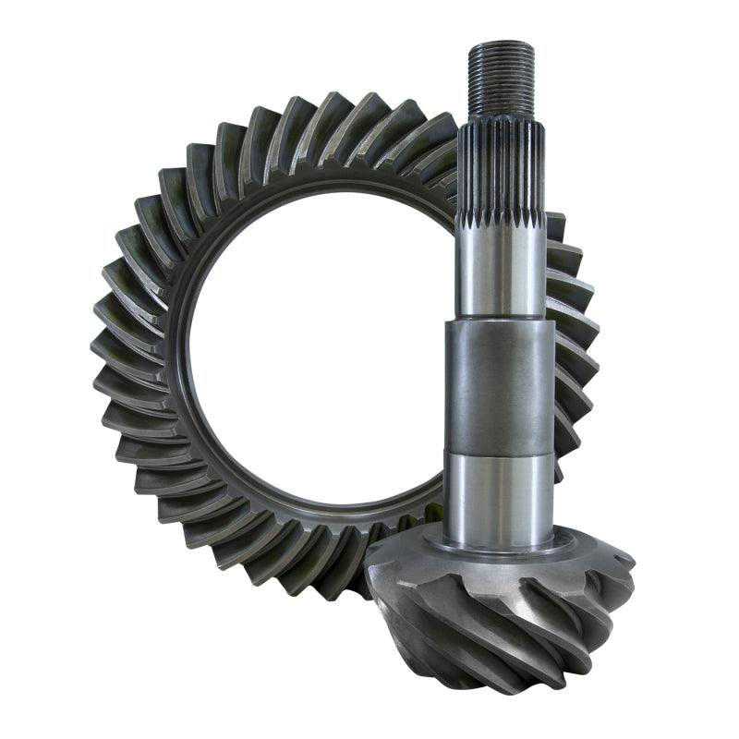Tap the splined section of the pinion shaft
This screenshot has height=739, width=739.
pos(501,171)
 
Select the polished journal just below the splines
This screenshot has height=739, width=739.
pos(499,268)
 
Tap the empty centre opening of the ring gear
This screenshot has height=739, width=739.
pos(314,351)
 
